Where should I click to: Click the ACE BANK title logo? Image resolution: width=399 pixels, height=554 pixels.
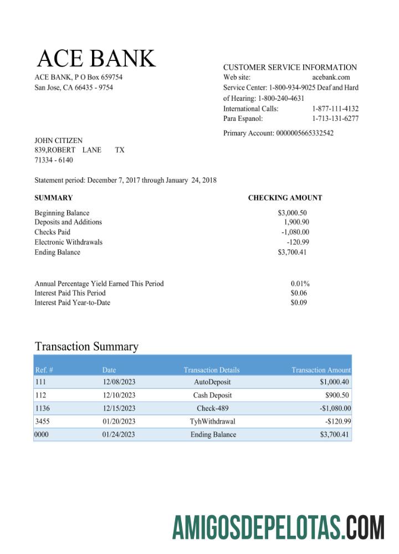point(96,59)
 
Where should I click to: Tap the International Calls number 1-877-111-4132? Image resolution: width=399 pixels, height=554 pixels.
point(335,109)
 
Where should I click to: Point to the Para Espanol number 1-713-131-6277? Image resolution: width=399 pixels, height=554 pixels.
point(335,119)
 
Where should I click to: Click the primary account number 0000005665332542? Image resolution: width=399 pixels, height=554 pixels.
point(304,133)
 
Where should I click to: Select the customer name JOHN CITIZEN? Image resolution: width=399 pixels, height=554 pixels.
point(58,141)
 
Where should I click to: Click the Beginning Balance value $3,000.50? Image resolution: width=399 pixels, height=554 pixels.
point(292,213)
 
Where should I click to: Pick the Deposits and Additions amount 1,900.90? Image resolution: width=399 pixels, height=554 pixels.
point(296,222)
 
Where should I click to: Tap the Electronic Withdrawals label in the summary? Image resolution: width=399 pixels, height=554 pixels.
point(68,242)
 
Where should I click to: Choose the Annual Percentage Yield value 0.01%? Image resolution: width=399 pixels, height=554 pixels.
point(300,284)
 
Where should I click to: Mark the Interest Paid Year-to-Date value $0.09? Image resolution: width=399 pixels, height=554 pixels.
point(299,302)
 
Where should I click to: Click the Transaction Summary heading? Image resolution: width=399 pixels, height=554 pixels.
point(86,347)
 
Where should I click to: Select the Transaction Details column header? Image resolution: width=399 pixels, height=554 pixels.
point(212,370)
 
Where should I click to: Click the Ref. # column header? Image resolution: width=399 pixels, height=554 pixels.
point(44,370)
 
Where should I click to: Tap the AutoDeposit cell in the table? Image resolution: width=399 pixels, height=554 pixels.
point(212,382)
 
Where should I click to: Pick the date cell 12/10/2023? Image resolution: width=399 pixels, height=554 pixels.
point(119,396)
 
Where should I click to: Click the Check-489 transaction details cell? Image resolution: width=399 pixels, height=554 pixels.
point(212,408)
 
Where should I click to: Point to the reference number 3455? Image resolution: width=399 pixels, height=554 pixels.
point(42,422)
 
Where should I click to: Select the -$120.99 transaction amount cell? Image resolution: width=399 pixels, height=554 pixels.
point(337,422)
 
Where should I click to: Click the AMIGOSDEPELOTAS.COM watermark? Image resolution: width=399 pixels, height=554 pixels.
point(278,527)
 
